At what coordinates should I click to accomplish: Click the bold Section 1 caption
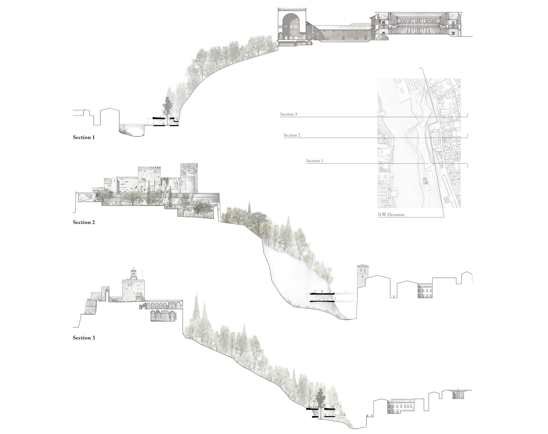[84, 137]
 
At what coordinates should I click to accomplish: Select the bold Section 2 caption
[84, 222]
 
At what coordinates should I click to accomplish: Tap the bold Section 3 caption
[84, 338]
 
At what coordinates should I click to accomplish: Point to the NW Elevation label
[391, 215]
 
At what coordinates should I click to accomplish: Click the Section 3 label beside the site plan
[289, 114]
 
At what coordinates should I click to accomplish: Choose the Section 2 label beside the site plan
[292, 135]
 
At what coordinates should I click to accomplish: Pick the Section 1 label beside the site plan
[314, 161]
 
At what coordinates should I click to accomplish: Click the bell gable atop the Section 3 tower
[133, 273]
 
